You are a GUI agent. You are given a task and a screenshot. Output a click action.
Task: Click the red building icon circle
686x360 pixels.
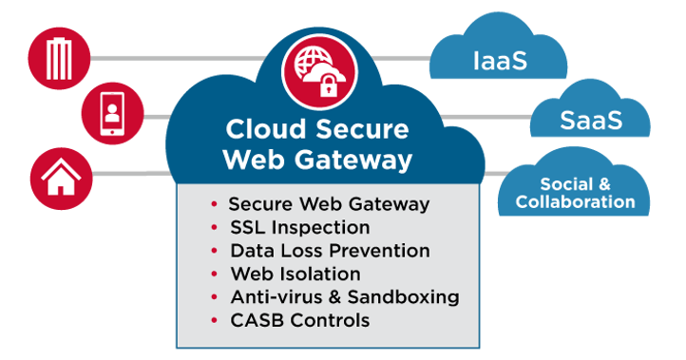tap(59, 59)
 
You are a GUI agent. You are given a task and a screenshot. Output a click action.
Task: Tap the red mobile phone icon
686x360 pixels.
tap(113, 116)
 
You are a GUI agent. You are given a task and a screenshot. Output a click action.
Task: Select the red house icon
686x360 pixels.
tap(59, 176)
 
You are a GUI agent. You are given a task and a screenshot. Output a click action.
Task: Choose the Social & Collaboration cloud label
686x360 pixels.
tap(575, 193)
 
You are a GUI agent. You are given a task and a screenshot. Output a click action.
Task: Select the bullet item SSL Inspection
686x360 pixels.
tap(299, 228)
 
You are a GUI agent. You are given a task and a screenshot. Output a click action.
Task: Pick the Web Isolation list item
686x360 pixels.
tap(296, 275)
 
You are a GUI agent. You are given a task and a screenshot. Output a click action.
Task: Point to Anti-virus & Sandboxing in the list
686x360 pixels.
tap(344, 297)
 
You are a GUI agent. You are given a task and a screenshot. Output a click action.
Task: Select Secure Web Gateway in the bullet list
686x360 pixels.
tap(329, 204)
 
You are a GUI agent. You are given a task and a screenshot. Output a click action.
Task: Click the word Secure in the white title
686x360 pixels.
tap(357, 128)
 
